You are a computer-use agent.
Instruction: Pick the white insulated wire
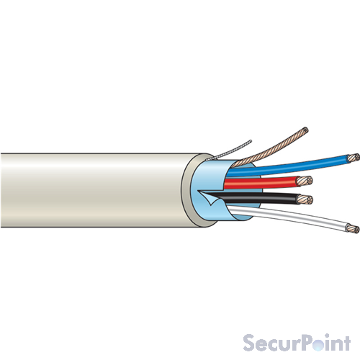[x=288, y=216]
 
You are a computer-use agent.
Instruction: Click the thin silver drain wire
[x=230, y=150]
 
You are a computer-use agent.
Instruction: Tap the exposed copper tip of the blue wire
[x=354, y=158]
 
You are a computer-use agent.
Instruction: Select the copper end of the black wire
[x=305, y=199]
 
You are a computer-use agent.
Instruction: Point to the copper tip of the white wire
[x=354, y=228]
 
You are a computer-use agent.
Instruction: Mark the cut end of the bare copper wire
[x=305, y=130]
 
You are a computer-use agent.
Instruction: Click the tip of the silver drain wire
[x=251, y=140]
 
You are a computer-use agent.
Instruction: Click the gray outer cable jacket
[x=96, y=190]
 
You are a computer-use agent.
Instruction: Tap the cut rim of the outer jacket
[x=186, y=190]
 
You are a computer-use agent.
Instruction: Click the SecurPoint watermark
[x=297, y=343]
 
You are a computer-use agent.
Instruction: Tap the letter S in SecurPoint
[x=250, y=343]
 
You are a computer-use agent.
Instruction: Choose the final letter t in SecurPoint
[x=347, y=343]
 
